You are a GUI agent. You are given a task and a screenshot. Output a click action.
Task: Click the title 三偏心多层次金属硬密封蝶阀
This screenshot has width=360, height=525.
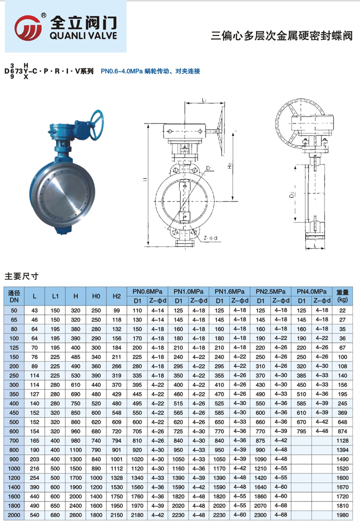coord(282,35)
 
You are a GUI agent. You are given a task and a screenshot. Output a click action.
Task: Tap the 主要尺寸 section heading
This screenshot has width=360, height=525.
coord(21,276)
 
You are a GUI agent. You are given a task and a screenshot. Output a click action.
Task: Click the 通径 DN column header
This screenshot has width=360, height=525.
coord(14,296)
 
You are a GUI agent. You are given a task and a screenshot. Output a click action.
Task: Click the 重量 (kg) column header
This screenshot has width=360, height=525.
coord(342,296)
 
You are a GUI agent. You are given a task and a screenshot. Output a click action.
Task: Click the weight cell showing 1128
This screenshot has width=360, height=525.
coord(342,441)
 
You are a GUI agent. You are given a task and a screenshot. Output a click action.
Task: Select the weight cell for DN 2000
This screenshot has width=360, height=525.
coord(342,514)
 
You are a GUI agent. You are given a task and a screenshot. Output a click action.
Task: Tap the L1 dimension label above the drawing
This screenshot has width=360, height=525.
coord(204,101)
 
